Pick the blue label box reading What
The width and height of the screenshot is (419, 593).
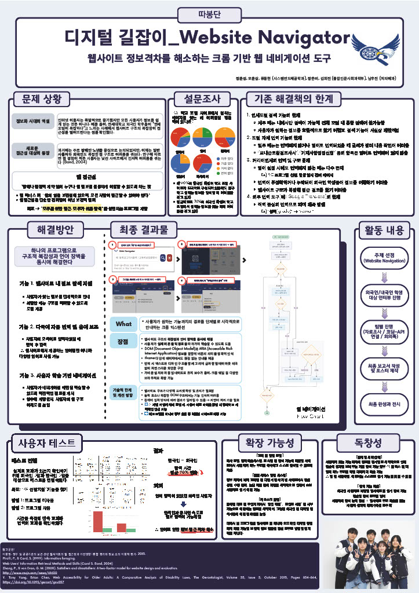click(x=123, y=324)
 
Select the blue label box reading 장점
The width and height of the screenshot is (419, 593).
click(x=123, y=342)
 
